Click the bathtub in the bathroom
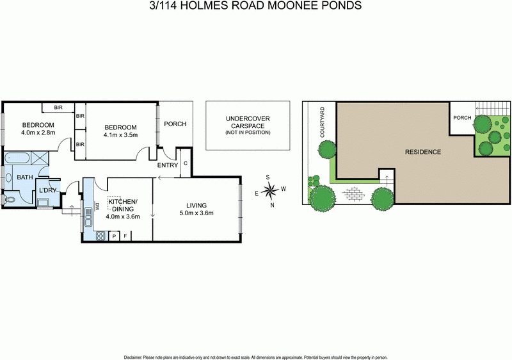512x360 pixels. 16,158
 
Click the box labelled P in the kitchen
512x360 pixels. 114,236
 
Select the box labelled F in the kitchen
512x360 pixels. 125,236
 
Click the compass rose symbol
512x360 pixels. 272,189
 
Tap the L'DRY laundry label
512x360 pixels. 48,190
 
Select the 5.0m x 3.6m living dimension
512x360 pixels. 196,213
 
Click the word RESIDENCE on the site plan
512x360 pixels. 422,152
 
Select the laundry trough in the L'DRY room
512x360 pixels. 44,204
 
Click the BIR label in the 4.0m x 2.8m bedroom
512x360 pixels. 58,108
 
